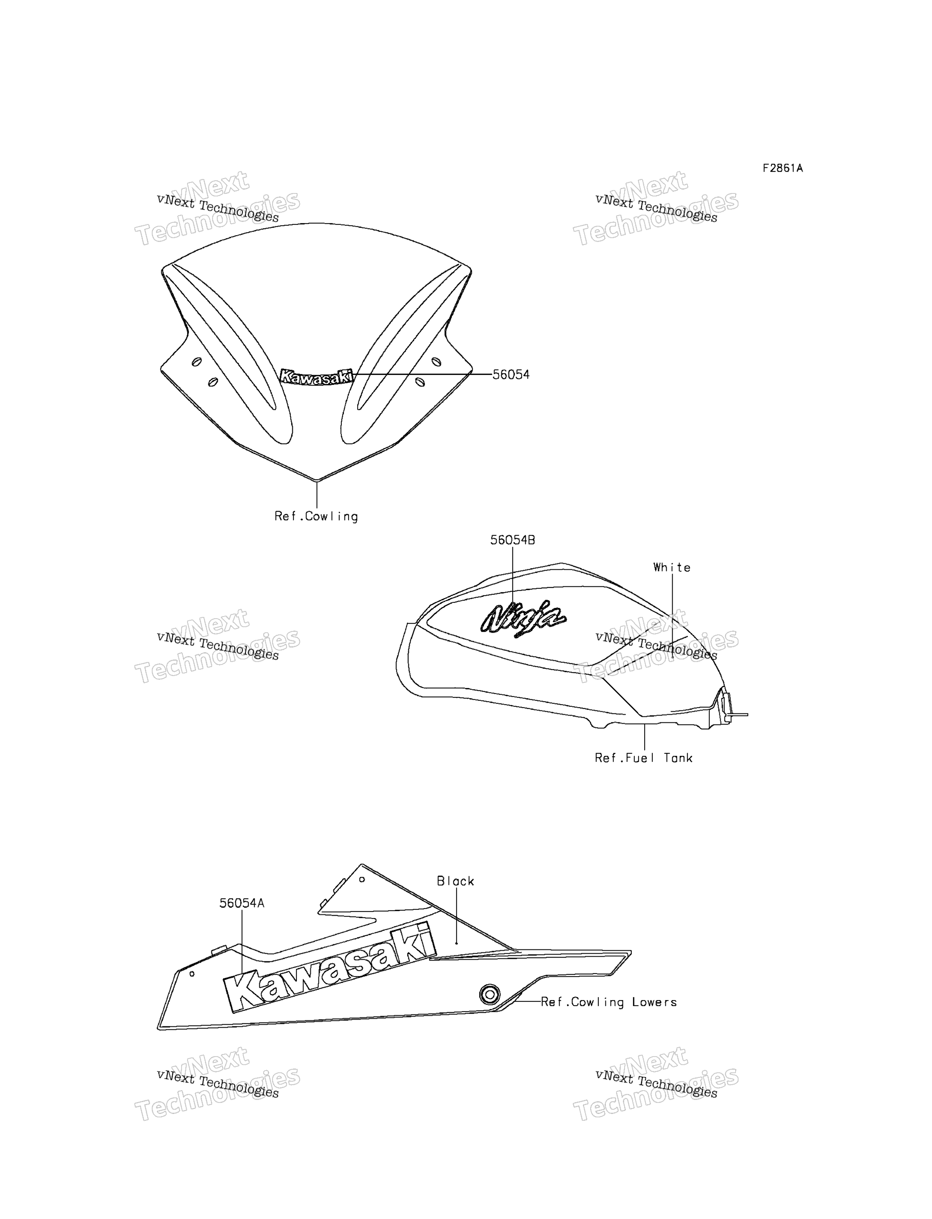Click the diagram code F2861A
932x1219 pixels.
[x=782, y=168]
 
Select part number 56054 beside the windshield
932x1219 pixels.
[x=511, y=375]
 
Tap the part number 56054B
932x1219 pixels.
[x=513, y=540]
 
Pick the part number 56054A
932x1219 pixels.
[x=242, y=903]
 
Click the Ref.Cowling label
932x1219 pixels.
[x=316, y=516]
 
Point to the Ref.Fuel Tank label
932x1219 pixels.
[x=644, y=758]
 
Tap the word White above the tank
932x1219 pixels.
[x=672, y=567]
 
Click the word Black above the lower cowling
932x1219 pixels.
[x=455, y=881]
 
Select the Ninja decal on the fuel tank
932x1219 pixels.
[x=523, y=617]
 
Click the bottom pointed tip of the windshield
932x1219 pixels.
[x=316, y=480]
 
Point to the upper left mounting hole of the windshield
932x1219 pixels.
[x=196, y=362]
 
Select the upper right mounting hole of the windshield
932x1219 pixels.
[x=436, y=362]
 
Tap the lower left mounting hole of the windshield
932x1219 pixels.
[x=213, y=382]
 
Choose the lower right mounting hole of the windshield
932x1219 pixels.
[x=420, y=382]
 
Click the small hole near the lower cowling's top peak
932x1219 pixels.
[x=362, y=879]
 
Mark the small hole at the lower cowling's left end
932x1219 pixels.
[x=192, y=974]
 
